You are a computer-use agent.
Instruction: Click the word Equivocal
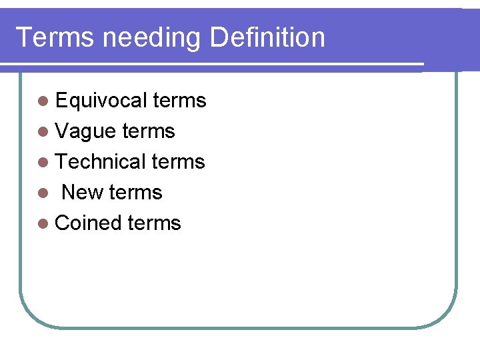click(101, 101)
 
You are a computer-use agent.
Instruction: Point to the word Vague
click(85, 132)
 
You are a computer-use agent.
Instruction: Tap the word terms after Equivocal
click(179, 101)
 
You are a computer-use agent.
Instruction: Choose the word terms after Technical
click(178, 162)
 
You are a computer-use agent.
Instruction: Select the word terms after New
click(135, 193)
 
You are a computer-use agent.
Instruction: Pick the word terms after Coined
click(154, 223)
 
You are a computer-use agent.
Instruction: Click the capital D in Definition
click(217, 37)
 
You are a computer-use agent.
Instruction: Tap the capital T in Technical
click(61, 161)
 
